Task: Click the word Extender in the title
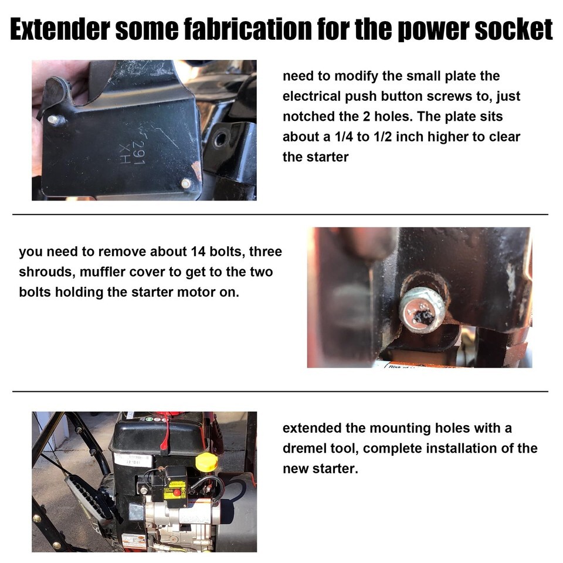(59, 29)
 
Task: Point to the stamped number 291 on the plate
(138, 152)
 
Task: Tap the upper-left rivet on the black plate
(53, 120)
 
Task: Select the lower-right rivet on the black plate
(186, 184)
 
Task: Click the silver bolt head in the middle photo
(423, 310)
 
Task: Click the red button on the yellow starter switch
(177, 492)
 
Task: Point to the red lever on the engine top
(167, 435)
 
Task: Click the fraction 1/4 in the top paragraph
(344, 137)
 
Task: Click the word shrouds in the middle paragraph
(46, 272)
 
